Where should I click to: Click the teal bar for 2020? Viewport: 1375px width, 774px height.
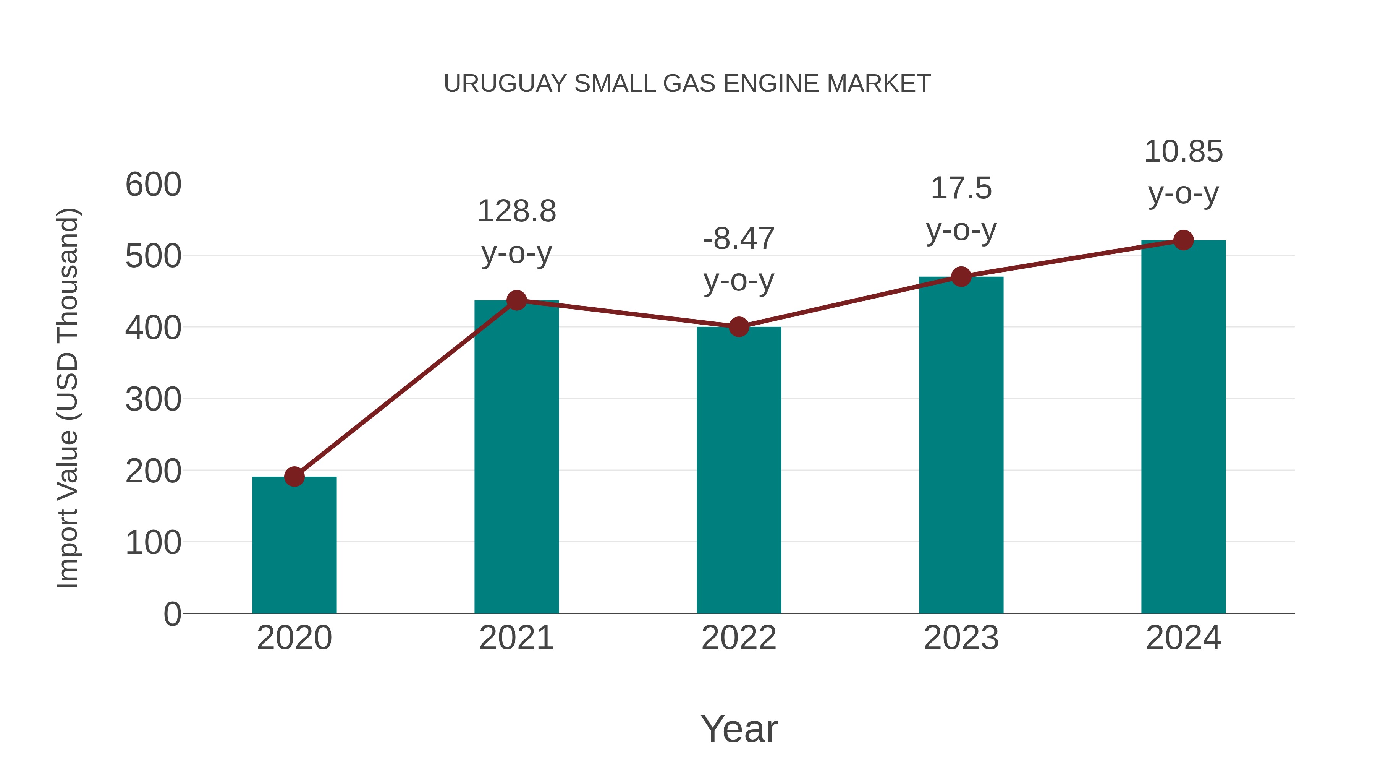point(294,545)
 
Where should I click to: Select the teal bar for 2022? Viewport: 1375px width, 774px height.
point(739,470)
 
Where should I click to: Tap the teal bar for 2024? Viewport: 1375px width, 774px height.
point(1183,427)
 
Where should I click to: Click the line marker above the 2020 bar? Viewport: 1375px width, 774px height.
point(294,477)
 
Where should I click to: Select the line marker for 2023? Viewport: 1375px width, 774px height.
point(961,277)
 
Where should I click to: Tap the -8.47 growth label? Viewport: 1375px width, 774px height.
point(739,239)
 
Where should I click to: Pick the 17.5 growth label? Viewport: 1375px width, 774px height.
point(961,188)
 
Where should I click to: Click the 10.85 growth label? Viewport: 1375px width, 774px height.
point(1183,152)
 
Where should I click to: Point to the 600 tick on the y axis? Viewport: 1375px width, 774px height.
point(153,185)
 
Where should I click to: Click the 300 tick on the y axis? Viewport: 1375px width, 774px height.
point(153,399)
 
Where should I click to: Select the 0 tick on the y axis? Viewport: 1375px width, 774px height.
point(172,614)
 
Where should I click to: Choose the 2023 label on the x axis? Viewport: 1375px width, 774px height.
point(961,638)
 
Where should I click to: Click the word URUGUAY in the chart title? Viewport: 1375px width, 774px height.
point(505,84)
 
